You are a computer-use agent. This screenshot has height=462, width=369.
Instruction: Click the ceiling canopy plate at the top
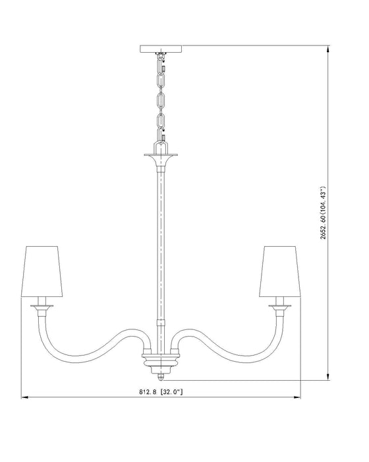[161, 48]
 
